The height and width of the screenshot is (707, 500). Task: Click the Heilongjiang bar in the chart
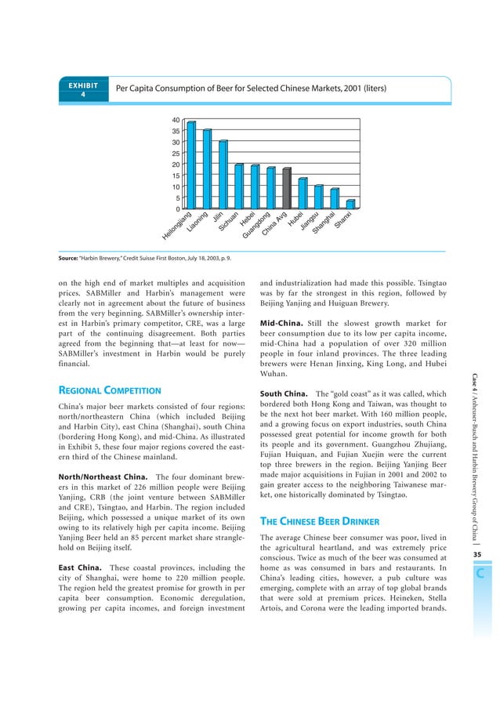[x=190, y=165]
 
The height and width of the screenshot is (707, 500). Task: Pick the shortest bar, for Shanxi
[x=350, y=204]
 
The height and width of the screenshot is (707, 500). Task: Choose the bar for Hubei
[x=303, y=194]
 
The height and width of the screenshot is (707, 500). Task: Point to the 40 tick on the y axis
[x=176, y=120]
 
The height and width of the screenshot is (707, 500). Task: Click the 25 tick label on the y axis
[x=176, y=154]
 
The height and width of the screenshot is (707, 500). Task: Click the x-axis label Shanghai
[x=324, y=223]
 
